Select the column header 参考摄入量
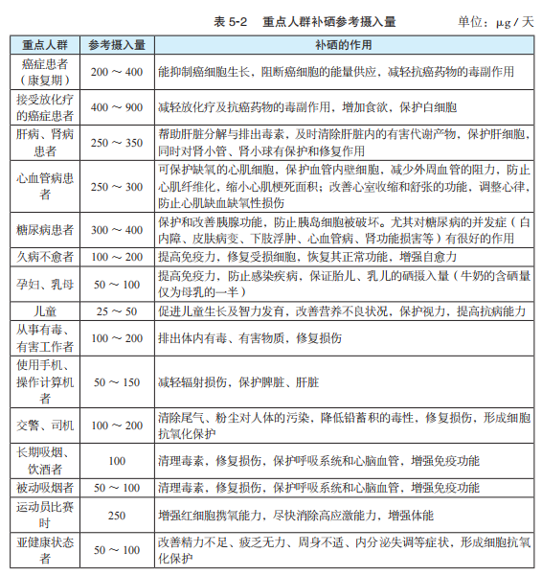click(117, 44)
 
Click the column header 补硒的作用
click(341, 44)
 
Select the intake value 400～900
click(117, 106)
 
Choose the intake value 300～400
click(117, 232)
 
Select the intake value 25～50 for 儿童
click(117, 312)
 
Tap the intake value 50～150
click(117, 382)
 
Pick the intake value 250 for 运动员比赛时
click(117, 515)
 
